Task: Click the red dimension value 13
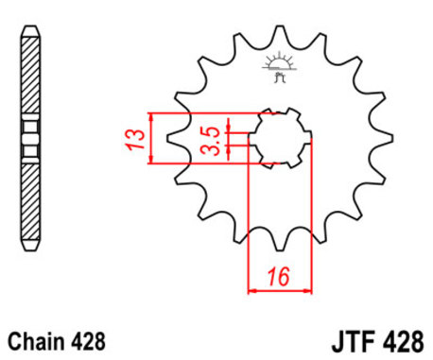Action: pos(139,139)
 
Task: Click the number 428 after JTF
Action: pos(405,339)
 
